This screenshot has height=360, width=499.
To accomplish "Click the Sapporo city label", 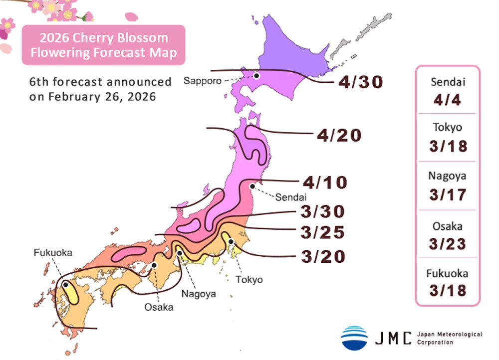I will (x=201, y=80).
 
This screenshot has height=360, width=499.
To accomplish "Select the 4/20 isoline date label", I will (x=339, y=135).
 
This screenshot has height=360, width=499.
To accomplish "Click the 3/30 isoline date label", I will (x=323, y=211).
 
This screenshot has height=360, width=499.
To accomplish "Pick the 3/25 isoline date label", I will (x=323, y=233).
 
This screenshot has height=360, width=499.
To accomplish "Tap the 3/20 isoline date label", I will (x=323, y=256).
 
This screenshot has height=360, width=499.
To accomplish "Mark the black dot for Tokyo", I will (x=231, y=242).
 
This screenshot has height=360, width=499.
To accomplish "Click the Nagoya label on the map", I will (x=199, y=294).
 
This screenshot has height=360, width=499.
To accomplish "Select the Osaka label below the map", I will (x=159, y=307).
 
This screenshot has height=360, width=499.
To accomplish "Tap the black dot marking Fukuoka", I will (x=65, y=284).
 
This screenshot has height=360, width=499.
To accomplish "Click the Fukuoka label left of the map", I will (x=53, y=253).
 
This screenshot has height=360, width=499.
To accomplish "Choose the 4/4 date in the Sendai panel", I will (x=447, y=101).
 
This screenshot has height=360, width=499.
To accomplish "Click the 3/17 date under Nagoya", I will (x=447, y=194).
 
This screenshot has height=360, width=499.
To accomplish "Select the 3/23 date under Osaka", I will (x=447, y=244).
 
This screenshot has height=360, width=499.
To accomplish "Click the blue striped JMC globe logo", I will (x=354, y=338).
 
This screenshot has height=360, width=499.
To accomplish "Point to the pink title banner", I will (x=103, y=45).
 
